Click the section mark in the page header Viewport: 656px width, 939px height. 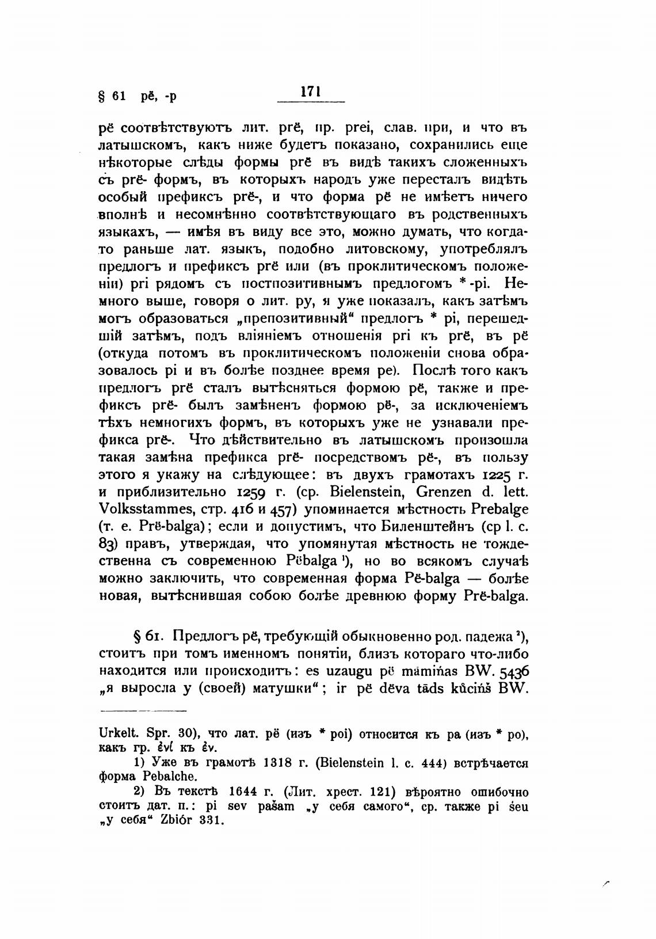(x=103, y=96)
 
